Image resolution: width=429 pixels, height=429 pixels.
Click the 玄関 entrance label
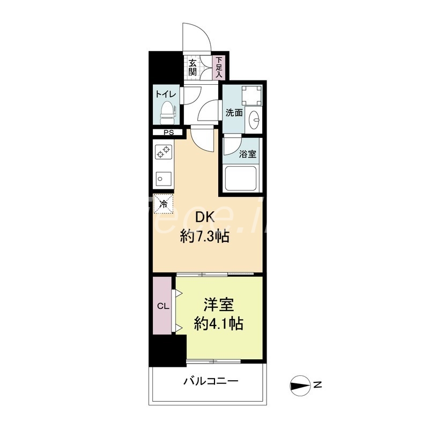click(192, 68)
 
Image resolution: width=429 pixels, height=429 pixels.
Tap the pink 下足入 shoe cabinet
click(219, 68)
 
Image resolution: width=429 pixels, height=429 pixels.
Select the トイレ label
click(165, 94)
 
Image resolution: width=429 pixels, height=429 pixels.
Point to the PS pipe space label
click(168, 132)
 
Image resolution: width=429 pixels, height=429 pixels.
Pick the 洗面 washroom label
click(234, 113)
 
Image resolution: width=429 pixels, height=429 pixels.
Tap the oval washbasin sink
click(255, 119)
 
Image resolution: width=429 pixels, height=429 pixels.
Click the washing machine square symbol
click(252, 97)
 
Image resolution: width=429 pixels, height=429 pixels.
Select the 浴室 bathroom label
click(248, 154)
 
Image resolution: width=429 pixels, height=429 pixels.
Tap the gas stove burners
click(163, 152)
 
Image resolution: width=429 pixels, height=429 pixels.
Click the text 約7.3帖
click(205, 236)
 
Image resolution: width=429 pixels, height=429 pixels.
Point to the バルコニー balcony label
click(211, 382)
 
